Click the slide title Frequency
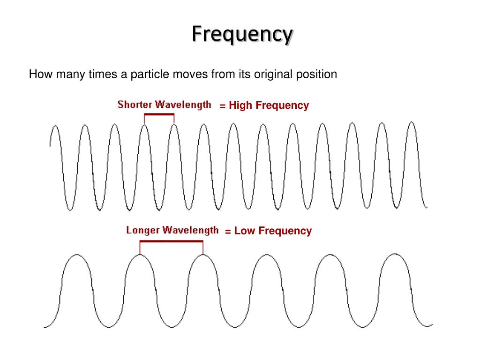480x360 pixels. (242, 34)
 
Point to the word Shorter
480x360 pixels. (135, 105)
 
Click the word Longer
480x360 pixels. (143, 230)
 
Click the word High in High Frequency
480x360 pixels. (240, 105)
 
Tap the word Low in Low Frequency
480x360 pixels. (244, 231)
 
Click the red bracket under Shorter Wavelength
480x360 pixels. (159, 115)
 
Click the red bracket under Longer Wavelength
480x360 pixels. (171, 241)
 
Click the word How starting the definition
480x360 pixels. (39, 75)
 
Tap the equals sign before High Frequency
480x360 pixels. (223, 106)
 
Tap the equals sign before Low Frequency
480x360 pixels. (228, 231)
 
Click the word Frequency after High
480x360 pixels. (282, 105)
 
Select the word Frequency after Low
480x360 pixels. (285, 231)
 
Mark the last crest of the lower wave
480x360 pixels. (395, 255)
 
